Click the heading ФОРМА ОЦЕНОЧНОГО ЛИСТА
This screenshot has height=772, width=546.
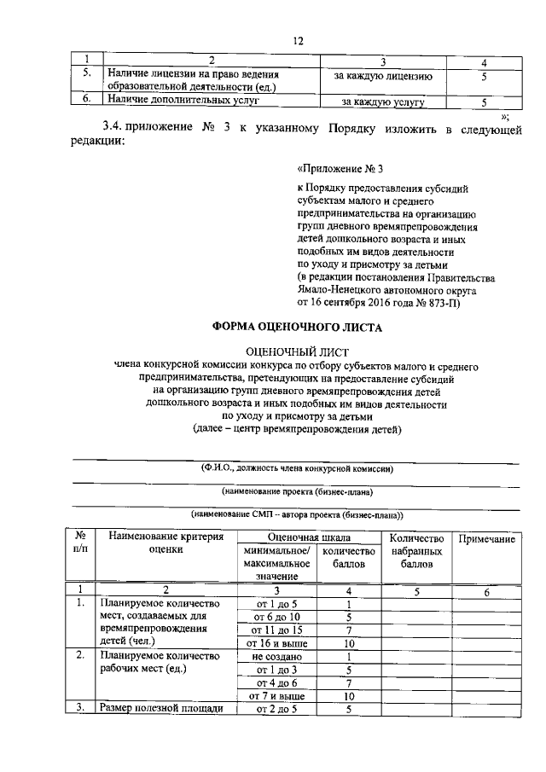(297, 328)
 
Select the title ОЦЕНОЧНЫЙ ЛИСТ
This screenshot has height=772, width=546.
(297, 351)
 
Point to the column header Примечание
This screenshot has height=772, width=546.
(486, 540)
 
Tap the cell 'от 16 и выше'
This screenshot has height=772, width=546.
(276, 642)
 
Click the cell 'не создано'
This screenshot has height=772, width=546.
(276, 657)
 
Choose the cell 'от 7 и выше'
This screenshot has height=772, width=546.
(276, 695)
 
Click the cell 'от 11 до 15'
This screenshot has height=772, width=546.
(276, 630)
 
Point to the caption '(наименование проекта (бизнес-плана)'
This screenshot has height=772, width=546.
(298, 492)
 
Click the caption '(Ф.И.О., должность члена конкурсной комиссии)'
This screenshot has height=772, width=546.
(298, 468)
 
